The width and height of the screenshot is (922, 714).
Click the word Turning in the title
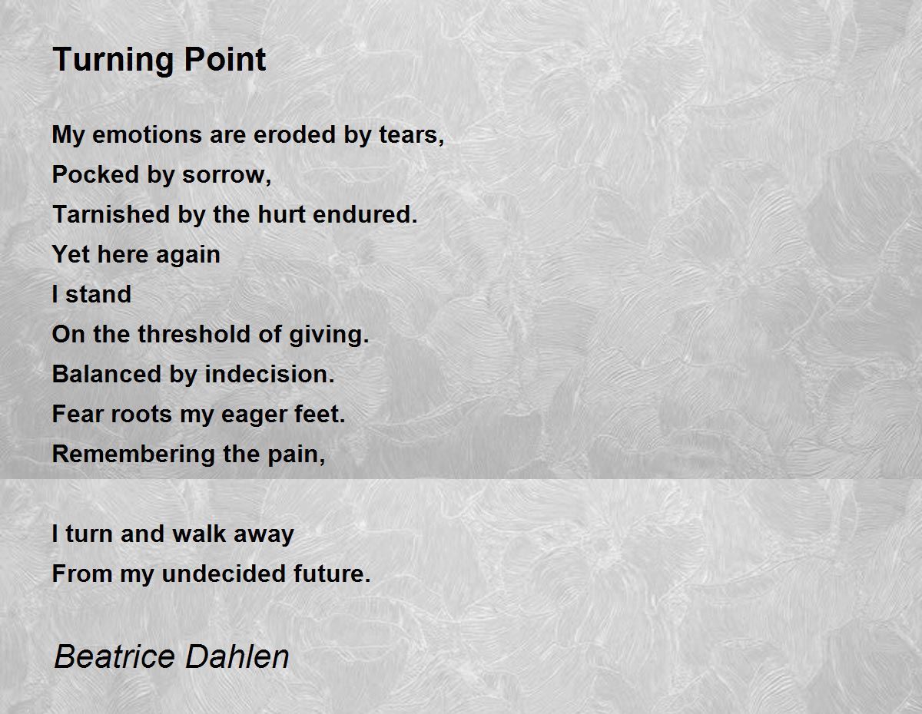[x=112, y=61]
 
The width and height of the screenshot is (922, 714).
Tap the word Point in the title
[x=225, y=59]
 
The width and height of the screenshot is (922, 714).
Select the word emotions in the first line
[x=147, y=135]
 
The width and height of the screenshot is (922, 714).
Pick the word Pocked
[x=95, y=175]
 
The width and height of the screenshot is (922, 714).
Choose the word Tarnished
[x=111, y=214]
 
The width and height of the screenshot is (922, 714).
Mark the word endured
[x=365, y=214]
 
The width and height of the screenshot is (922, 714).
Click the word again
[x=188, y=256]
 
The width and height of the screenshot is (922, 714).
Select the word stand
[x=98, y=294]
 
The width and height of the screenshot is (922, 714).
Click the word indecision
[x=270, y=374]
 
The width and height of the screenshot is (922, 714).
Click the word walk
[x=199, y=534]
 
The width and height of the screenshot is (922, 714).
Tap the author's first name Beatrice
[x=114, y=656]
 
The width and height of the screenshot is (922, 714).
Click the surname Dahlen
[x=237, y=656]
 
